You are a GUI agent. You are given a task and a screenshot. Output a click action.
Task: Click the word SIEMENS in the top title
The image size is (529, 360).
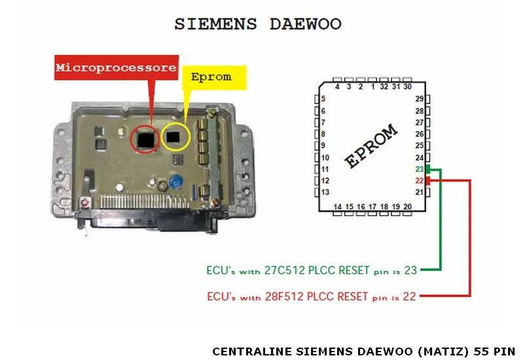click(215, 24)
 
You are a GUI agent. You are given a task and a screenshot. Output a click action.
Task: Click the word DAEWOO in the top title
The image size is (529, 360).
click(305, 24)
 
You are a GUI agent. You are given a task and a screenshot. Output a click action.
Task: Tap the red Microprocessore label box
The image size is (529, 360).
click(116, 67)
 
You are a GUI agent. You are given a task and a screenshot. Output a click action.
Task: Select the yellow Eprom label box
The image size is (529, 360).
click(211, 77)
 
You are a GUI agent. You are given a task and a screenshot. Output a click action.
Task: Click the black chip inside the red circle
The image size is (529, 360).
click(145, 138)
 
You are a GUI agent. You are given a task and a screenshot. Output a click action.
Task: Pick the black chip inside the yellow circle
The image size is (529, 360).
click(174, 136)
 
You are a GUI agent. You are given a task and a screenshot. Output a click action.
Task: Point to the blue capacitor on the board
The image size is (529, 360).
click(175, 182)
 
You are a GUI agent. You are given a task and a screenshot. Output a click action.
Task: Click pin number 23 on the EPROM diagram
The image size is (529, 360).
click(420, 169)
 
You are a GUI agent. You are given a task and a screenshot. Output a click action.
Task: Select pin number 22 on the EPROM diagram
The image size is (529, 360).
click(420, 181)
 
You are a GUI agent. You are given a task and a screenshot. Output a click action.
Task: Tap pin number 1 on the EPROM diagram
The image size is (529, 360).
click(373, 86)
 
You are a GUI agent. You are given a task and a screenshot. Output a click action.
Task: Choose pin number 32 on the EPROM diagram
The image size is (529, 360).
click(384, 86)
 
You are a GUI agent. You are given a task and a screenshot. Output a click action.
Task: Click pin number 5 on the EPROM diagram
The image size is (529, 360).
click(323, 99)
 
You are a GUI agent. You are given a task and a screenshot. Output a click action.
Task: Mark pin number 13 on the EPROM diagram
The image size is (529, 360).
click(325, 192)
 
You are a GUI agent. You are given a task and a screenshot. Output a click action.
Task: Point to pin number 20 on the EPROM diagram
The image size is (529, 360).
click(407, 207)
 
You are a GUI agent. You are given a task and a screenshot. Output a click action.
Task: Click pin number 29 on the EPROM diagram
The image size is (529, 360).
click(420, 99)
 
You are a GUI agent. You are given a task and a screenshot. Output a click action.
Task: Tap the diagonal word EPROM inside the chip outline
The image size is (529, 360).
click(371, 147)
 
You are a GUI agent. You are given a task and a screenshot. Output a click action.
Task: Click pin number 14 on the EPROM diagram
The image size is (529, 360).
click(338, 207)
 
